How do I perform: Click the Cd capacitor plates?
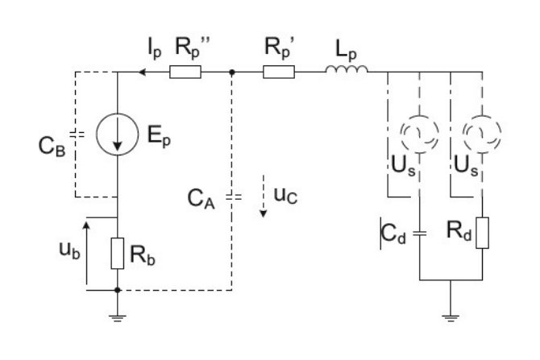pos(419,234)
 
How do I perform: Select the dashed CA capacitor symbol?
pos(234,197)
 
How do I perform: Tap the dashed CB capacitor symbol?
pos(77,134)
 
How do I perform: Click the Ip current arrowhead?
pos(142,72)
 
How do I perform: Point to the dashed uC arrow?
pos(264,197)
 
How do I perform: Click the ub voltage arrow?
pos(86,254)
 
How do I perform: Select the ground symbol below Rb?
pos(118,318)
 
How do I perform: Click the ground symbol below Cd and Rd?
pos(451,318)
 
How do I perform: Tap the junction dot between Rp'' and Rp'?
pos(232,72)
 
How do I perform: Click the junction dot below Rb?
pos(118,290)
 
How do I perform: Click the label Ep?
pos(159,135)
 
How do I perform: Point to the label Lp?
pos(346,50)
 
